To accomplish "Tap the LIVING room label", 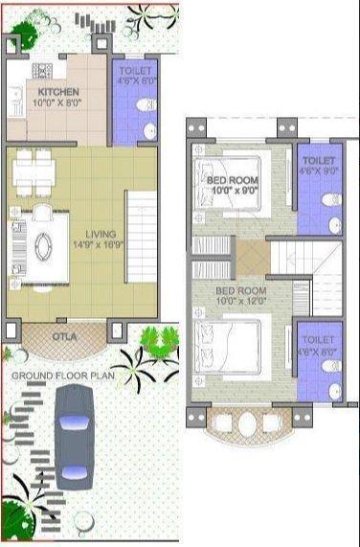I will [100, 234].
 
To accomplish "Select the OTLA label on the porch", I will [65, 336].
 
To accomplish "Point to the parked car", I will [73, 436].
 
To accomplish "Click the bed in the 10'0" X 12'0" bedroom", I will [228, 344].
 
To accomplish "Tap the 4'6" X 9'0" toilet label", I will [317, 161].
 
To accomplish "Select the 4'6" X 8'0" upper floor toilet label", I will [317, 340].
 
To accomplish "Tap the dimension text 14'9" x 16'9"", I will [100, 244].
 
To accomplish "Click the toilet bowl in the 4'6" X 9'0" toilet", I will [331, 200].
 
